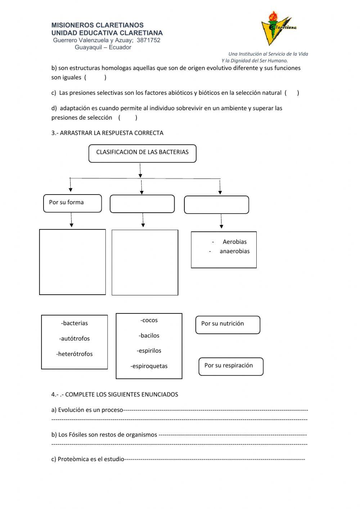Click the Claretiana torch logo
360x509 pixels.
[x=277, y=28]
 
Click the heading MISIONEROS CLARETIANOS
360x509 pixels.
[x=97, y=25]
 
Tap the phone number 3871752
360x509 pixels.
[x=148, y=40]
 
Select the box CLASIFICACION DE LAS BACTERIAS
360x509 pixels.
[x=142, y=153]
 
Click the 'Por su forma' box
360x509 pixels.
[x=72, y=203]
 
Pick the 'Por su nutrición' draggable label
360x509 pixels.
[x=228, y=324]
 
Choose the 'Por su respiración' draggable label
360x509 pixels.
[x=231, y=366]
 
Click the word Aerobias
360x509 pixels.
[x=234, y=242]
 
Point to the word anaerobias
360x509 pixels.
[x=234, y=251]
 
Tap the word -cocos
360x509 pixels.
[x=149, y=320]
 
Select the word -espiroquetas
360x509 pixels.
[x=149, y=366]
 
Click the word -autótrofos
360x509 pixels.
[x=75, y=339]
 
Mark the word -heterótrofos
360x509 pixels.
[x=75, y=354]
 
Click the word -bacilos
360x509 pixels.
[x=149, y=335]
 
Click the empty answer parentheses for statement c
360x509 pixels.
[x=292, y=93]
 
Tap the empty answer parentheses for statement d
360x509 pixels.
[x=127, y=117]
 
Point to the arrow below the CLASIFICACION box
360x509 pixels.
[x=140, y=170]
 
